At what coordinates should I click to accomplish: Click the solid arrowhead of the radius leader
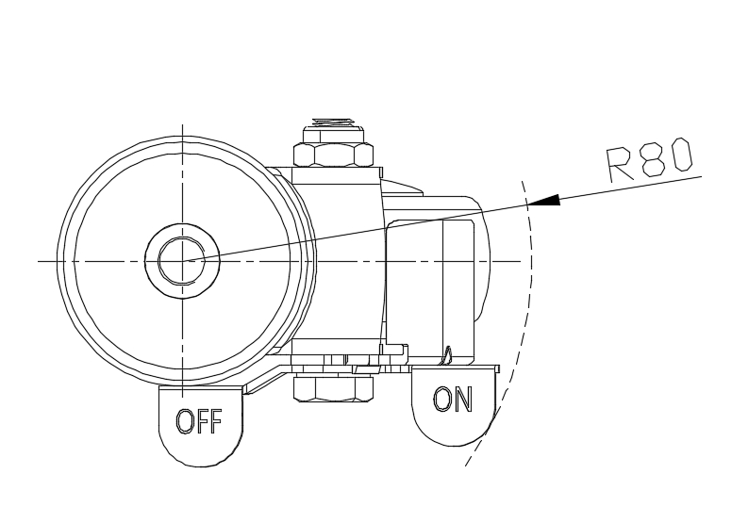click(x=546, y=200)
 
